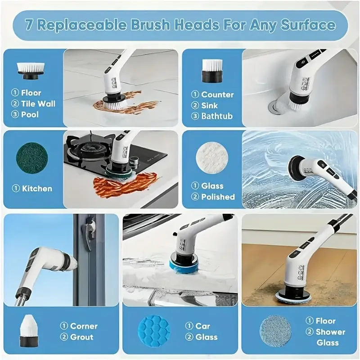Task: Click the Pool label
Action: click(30, 114)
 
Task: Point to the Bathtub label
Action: click(217, 116)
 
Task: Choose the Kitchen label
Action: click(37, 189)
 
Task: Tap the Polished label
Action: click(218, 197)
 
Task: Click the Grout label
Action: click(82, 337)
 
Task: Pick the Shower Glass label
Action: click(331, 337)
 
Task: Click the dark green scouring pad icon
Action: click(32, 158)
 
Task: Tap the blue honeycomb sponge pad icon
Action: click(154, 331)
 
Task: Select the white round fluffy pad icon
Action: click(212, 157)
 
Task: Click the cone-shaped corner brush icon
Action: click(29, 330)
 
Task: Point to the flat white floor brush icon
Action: click(31, 70)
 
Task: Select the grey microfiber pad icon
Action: click(275, 331)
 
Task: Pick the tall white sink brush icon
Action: click(211, 71)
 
